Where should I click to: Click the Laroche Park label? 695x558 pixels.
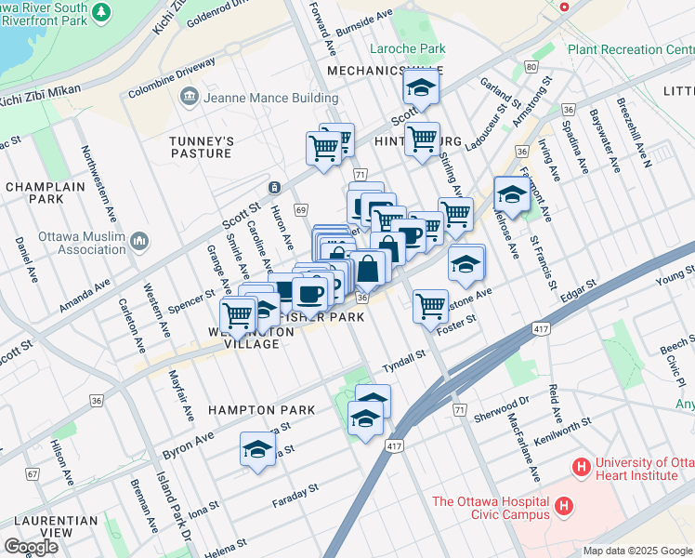408,49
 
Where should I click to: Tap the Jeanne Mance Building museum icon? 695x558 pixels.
190,97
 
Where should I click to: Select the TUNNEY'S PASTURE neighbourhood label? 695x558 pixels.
200,147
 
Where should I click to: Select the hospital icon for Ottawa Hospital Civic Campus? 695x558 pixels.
563,507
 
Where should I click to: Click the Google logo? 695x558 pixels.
31,546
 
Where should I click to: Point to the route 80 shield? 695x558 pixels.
531,67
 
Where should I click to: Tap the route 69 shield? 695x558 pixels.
300,210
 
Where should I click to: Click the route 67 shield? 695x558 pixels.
33,474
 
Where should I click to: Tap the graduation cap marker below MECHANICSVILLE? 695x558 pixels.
420,89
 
